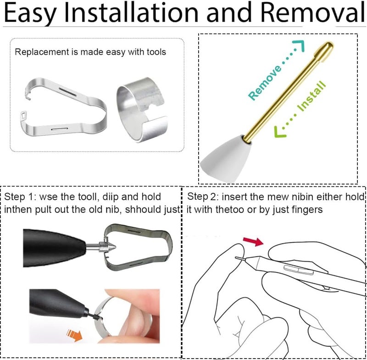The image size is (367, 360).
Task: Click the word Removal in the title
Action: point(313,12)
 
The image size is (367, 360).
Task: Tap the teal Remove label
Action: point(265,83)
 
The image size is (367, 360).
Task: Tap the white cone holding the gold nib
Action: point(225,158)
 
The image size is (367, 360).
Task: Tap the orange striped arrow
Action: point(74,335)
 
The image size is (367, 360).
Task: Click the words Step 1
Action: point(20,197)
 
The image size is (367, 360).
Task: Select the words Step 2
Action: point(203,197)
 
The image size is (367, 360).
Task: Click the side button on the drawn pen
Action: point(299,270)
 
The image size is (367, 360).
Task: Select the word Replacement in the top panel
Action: point(42,52)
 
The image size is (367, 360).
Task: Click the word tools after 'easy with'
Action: point(156,52)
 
